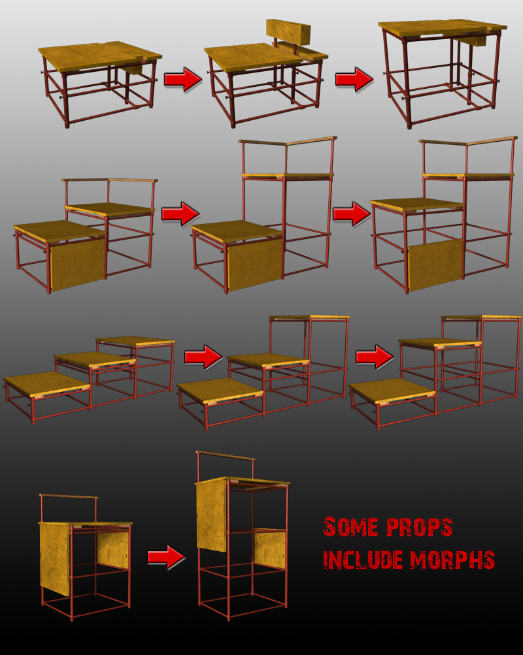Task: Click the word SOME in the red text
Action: click(350, 527)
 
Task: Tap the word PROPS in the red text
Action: click(419, 527)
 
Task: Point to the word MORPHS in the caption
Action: click(452, 560)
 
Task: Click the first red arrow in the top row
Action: click(182, 79)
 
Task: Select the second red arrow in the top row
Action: click(354, 79)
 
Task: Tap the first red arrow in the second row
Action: click(180, 214)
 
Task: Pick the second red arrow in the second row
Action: click(352, 214)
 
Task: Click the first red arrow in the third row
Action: click(203, 357)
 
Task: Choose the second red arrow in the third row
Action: click(375, 357)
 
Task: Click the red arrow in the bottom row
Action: click(167, 557)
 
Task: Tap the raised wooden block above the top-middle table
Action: click(288, 32)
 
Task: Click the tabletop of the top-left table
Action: click(99, 56)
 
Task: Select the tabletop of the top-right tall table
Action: click(443, 28)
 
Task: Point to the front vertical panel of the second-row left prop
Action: click(77, 264)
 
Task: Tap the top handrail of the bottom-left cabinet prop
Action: click(69, 496)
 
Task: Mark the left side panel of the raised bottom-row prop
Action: click(212, 515)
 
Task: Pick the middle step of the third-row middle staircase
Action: click(268, 361)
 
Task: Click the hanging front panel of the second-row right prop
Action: click(435, 265)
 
